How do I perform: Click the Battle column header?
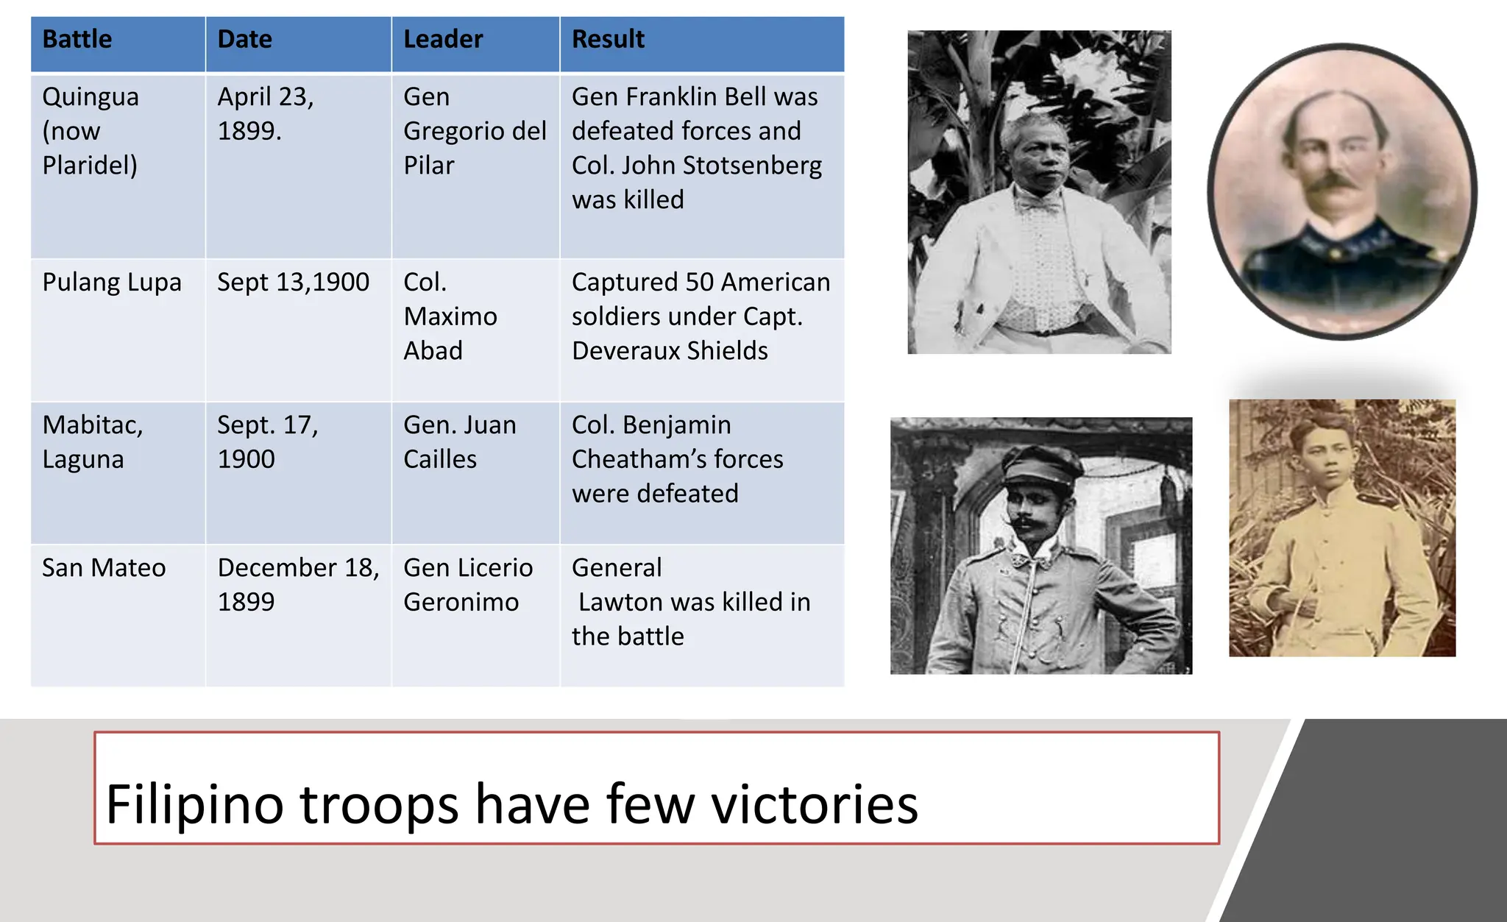tap(77, 39)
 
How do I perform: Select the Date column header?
tap(244, 39)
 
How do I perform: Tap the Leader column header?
tap(443, 39)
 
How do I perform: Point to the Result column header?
tap(608, 39)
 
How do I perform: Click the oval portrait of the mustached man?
tap(1341, 191)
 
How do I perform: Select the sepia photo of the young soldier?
tap(1342, 528)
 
